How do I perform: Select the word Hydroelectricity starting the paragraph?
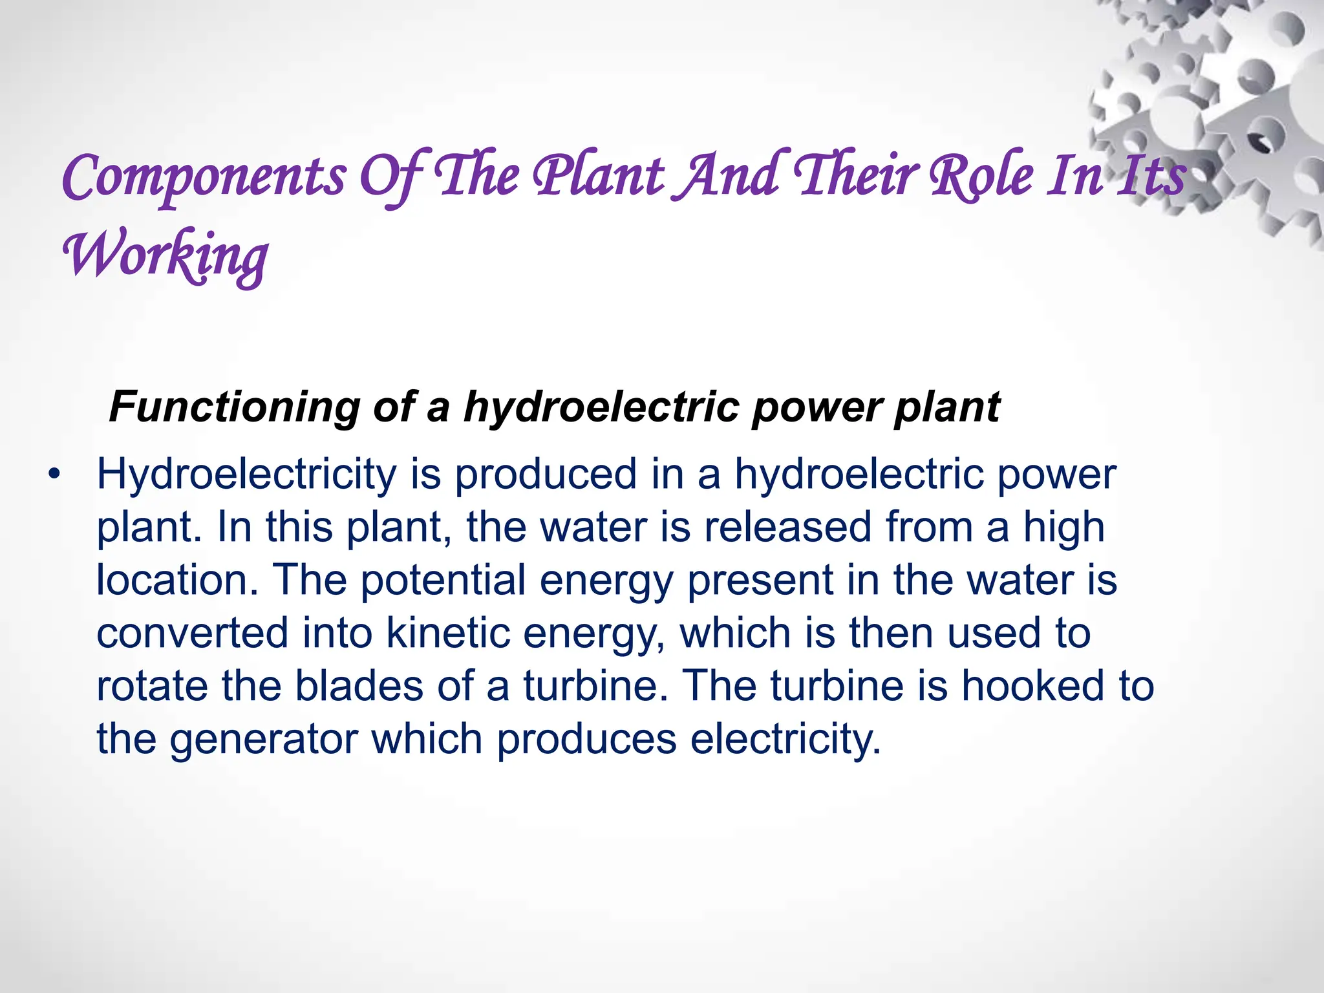tap(246, 475)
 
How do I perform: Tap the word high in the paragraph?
tap(1063, 528)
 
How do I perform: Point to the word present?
tap(760, 581)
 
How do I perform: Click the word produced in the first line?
tap(546, 475)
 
